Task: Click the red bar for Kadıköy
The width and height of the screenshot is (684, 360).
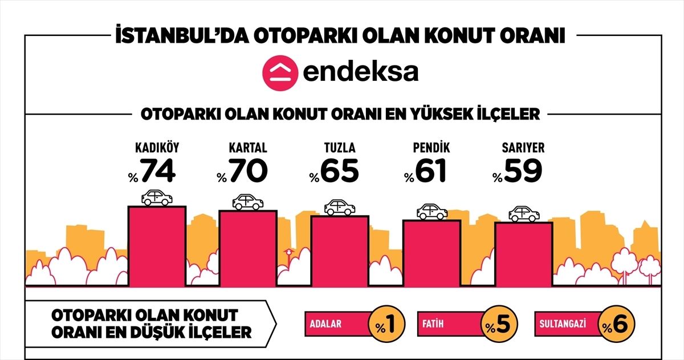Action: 157,245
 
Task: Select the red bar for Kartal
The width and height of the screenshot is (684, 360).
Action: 248,247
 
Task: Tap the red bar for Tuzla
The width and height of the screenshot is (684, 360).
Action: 339,250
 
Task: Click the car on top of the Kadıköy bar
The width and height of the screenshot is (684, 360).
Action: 157,198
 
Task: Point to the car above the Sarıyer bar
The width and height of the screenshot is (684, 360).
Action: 524,214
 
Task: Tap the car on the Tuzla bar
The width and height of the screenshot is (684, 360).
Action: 339,207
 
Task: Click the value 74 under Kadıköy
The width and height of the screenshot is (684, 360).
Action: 158,170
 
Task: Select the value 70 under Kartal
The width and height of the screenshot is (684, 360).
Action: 248,170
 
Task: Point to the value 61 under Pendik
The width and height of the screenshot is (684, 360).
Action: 431,170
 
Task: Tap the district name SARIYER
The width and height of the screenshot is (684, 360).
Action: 523,148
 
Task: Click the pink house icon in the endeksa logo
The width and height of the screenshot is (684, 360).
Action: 278,72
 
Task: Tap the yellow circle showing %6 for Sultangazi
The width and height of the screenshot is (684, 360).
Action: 616,325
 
